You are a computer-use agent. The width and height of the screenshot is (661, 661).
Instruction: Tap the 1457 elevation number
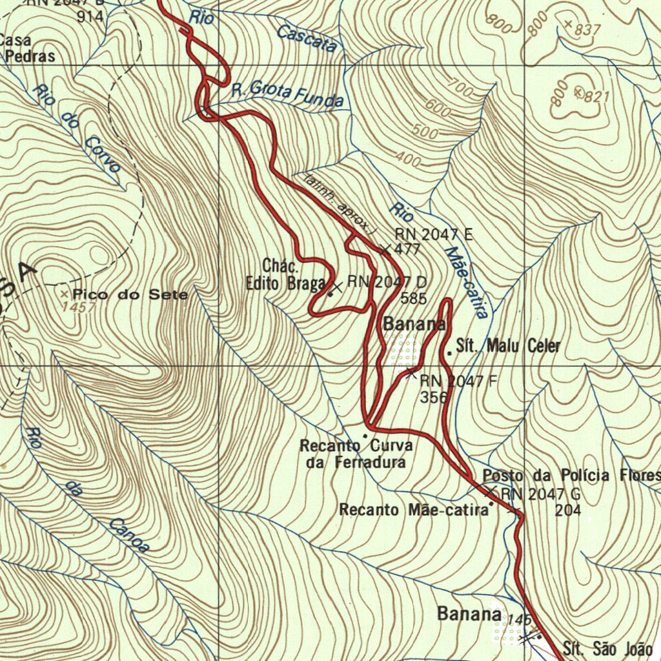(x=81, y=308)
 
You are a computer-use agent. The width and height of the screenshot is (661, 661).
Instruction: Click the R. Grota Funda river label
(x=287, y=95)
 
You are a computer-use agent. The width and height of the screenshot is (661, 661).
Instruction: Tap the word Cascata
(x=307, y=38)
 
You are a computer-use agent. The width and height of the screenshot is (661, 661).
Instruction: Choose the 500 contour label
(x=424, y=132)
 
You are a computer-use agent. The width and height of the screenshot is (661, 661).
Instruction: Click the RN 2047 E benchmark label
(x=433, y=235)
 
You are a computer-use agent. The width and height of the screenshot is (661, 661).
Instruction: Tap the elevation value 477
(x=407, y=250)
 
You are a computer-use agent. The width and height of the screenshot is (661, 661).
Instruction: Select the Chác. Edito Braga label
(x=285, y=275)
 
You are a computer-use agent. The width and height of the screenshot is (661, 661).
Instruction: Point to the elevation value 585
(x=414, y=298)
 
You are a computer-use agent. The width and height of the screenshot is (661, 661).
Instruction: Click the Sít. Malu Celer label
(x=508, y=346)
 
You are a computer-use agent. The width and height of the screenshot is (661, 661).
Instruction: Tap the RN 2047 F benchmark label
(x=458, y=381)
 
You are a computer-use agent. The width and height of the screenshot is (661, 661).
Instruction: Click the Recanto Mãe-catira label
(x=414, y=510)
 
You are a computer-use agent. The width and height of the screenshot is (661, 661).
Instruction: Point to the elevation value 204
(x=568, y=510)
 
